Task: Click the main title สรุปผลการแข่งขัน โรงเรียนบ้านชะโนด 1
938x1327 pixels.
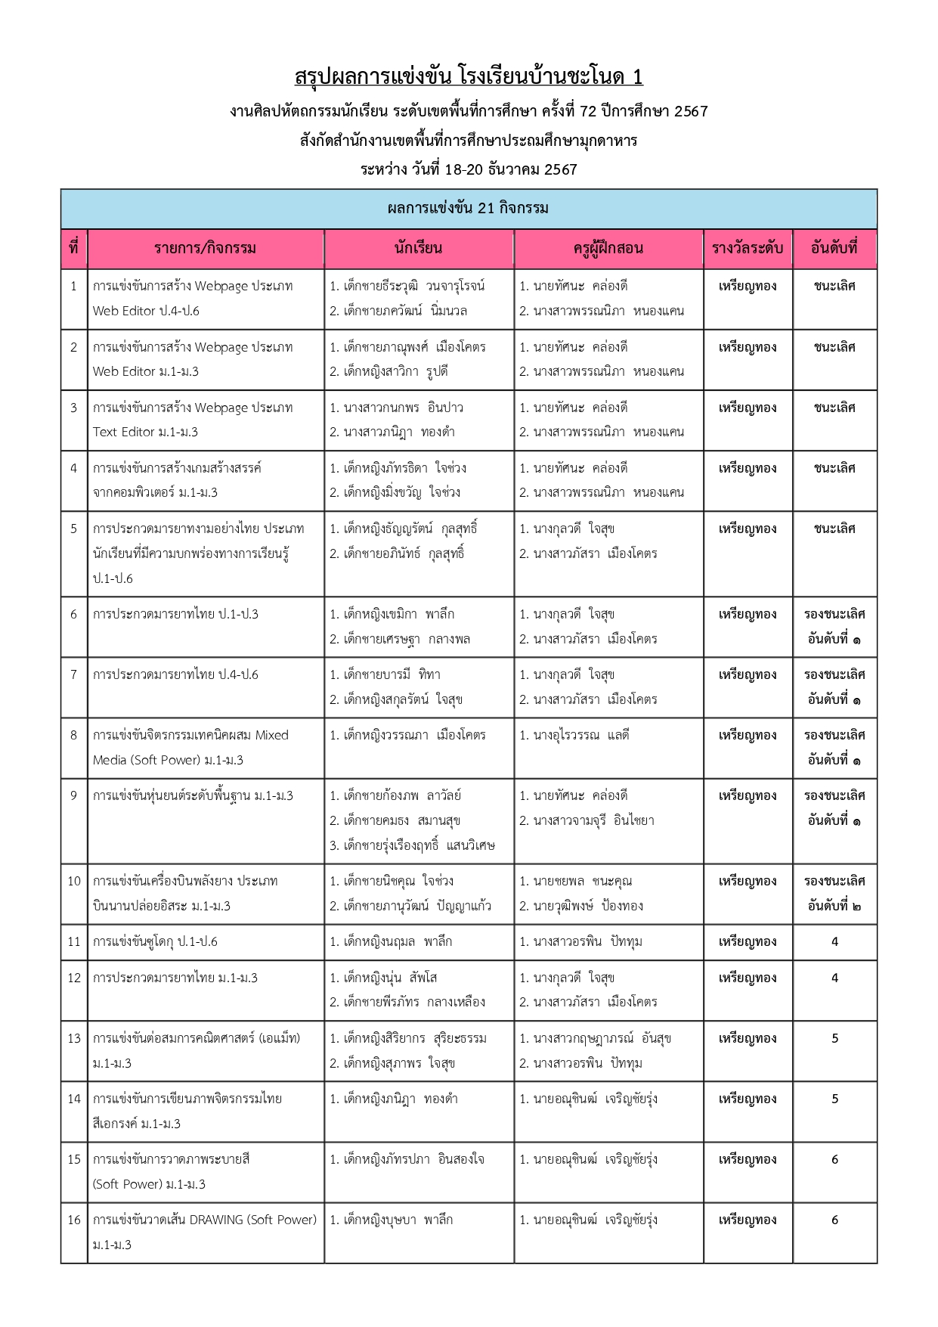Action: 469,77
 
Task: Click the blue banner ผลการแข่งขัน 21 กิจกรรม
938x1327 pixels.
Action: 469,209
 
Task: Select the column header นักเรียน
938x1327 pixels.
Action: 418,248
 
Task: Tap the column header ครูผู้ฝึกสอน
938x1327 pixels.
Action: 608,248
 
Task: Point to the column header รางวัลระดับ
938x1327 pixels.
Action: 747,248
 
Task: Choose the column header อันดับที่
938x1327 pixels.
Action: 834,248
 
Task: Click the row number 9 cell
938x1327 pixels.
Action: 73,795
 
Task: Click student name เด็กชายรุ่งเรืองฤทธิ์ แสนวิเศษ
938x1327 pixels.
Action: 412,845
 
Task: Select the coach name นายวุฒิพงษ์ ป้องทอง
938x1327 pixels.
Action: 581,906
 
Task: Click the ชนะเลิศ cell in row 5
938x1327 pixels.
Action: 834,529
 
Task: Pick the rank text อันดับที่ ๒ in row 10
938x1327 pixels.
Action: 834,906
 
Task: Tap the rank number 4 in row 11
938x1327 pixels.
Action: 834,942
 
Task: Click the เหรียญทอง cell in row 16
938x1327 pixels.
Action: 747,1220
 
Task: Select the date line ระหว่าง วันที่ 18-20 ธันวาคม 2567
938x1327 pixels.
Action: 469,169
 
